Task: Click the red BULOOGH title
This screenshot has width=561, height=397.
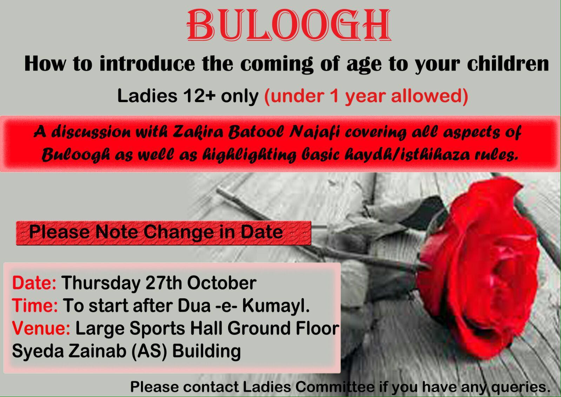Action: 289,25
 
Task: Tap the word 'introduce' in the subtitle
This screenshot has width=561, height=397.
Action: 147,64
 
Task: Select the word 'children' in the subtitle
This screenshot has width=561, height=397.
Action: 508,64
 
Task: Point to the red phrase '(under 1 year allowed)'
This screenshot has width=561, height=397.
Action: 366,97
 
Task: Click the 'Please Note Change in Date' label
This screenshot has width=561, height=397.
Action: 156,232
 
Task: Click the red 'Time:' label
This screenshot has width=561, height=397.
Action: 35,305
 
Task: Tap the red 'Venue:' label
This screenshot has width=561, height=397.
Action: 41,328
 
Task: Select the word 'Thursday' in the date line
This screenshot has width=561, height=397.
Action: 101,283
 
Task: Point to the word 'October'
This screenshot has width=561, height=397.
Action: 222,283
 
